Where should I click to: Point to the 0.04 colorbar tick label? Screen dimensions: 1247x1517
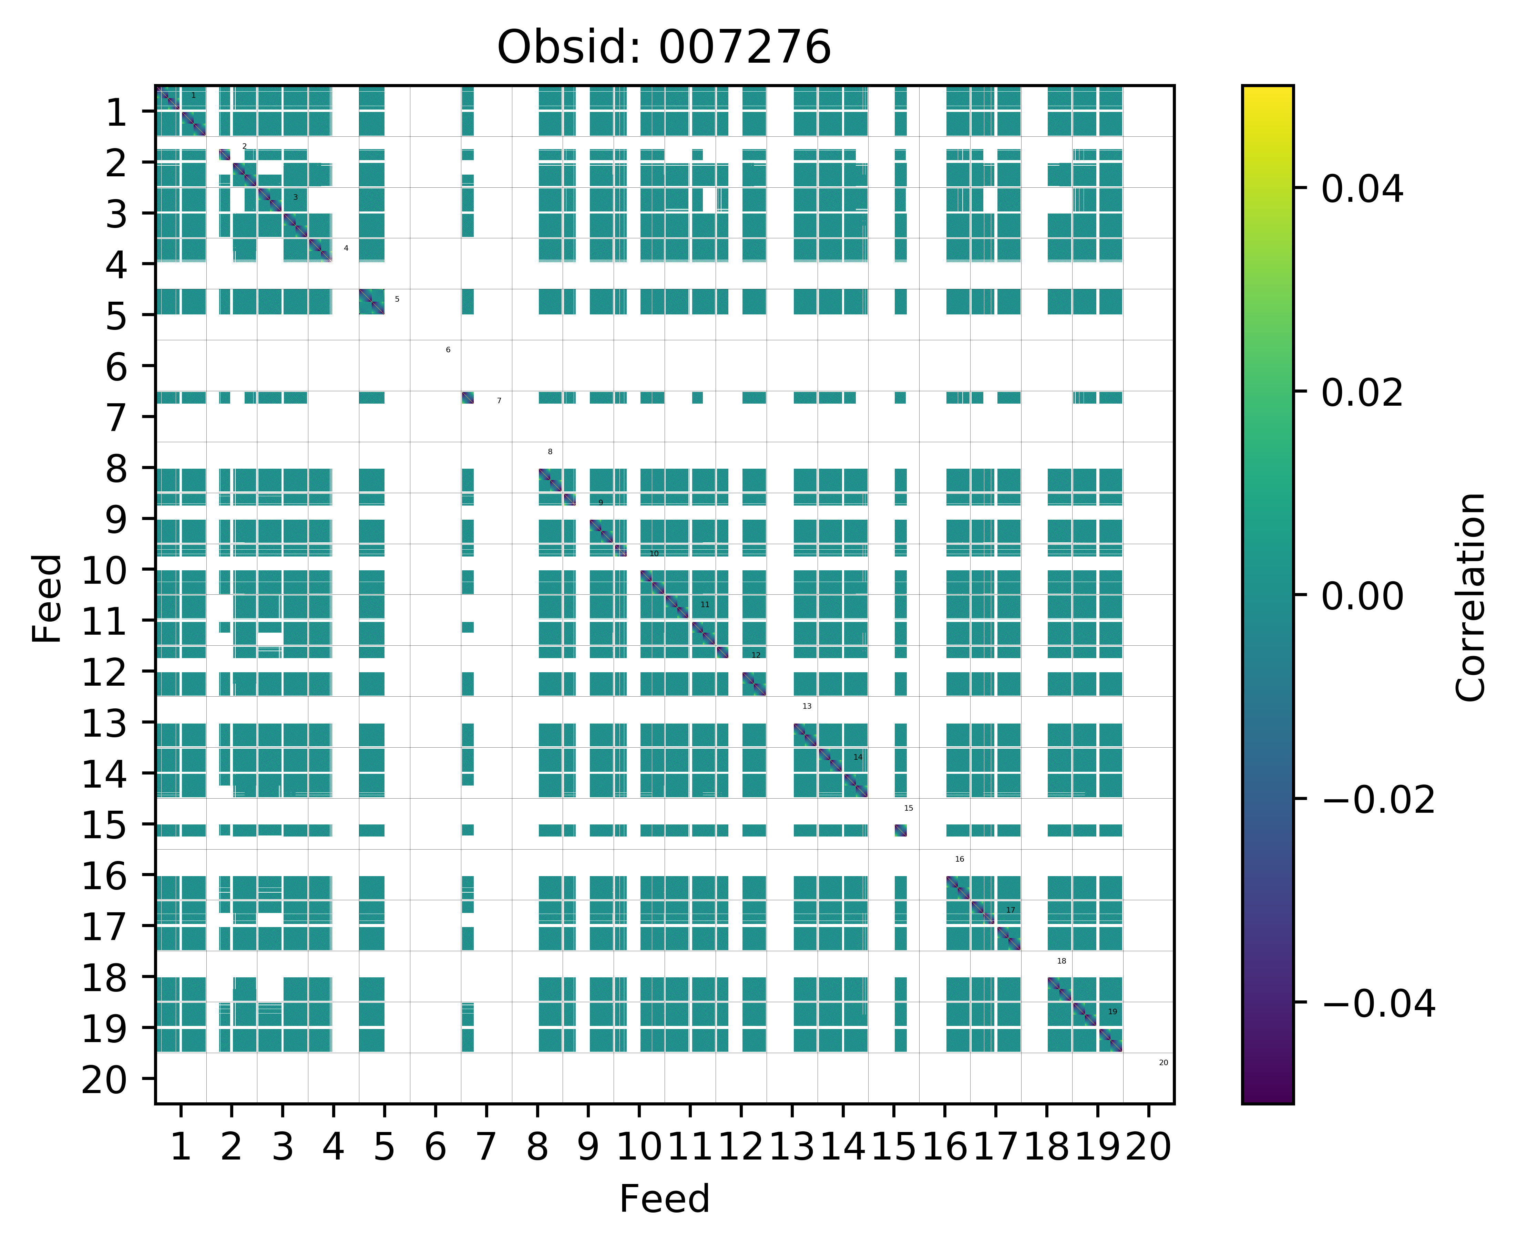click(1362, 190)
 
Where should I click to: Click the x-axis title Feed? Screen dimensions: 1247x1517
click(664, 1199)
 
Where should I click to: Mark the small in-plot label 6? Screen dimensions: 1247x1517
click(448, 350)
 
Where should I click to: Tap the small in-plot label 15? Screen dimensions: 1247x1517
click(908, 808)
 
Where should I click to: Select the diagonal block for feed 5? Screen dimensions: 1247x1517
click(371, 302)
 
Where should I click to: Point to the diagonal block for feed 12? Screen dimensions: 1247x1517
click(754, 684)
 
